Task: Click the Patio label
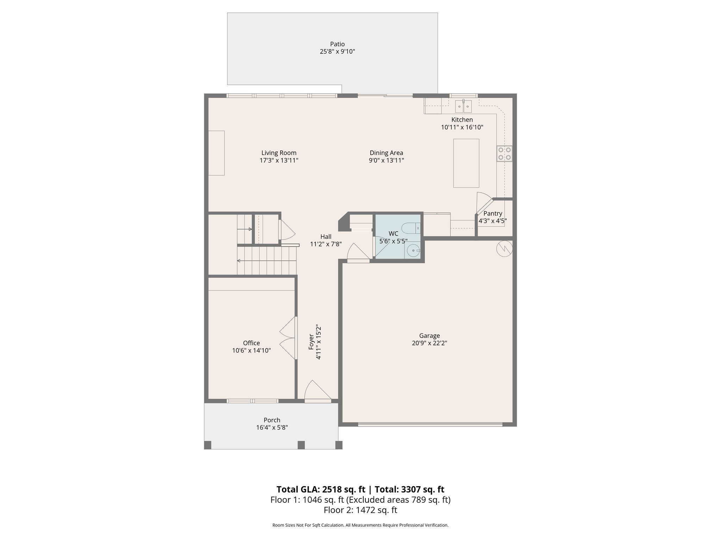[337, 44]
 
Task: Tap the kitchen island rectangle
[466, 163]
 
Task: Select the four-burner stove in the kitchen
[504, 154]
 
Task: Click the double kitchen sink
[463, 106]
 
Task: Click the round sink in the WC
[413, 251]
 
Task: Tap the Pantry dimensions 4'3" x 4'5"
[493, 221]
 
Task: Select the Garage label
[430, 336]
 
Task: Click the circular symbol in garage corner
[504, 249]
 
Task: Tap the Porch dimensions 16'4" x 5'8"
[272, 427]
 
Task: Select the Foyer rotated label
[311, 341]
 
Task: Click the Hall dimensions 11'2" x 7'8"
[326, 244]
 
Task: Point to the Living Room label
[279, 153]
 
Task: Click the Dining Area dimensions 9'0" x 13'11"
[386, 160]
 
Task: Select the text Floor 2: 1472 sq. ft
[360, 510]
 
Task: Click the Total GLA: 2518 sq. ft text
[321, 489]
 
